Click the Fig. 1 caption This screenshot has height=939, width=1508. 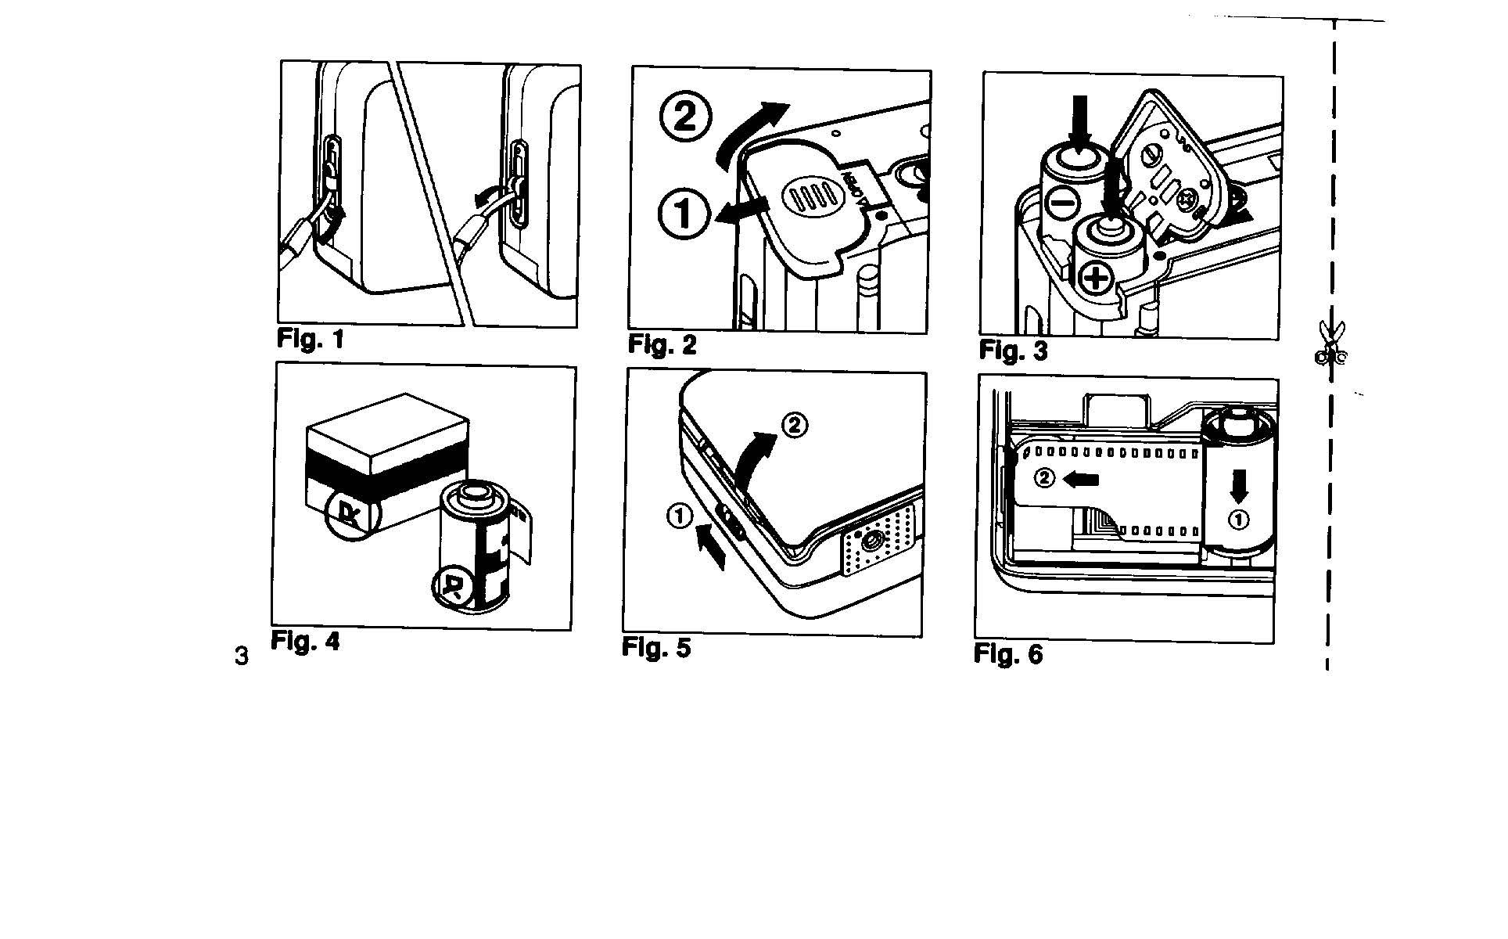pos(311,340)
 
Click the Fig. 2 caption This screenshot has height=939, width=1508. pos(662,345)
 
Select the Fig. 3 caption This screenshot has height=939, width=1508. pos(1013,351)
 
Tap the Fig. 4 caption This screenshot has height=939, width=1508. pos(305,641)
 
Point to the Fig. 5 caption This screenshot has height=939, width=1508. pos(656,648)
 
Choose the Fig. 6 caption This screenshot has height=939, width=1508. pos(1007,654)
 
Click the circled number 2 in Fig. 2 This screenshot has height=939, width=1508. pos(686,117)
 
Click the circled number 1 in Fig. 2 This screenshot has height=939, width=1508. pos(683,213)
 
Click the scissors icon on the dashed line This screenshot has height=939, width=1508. pos(1329,344)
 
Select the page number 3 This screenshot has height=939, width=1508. pos(242,656)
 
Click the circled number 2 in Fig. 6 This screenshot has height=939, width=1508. pos(1044,477)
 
